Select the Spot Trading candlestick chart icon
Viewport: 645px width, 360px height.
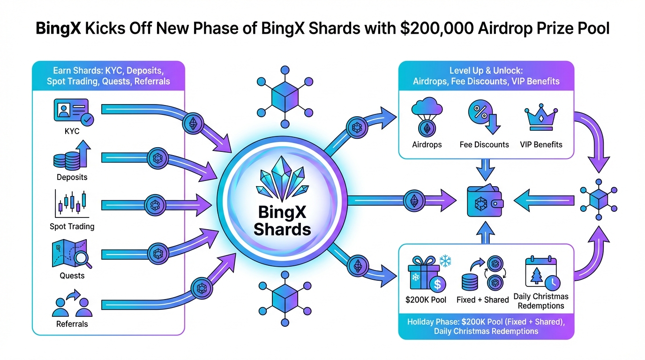point(72,203)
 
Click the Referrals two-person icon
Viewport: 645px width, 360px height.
point(72,304)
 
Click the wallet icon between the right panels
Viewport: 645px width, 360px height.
point(485,202)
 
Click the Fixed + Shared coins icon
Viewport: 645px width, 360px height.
point(483,274)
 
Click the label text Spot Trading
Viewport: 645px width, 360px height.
point(72,226)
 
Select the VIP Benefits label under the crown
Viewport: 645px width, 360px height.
point(541,145)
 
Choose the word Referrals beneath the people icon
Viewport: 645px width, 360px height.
point(72,324)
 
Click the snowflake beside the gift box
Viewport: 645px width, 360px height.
point(445,261)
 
